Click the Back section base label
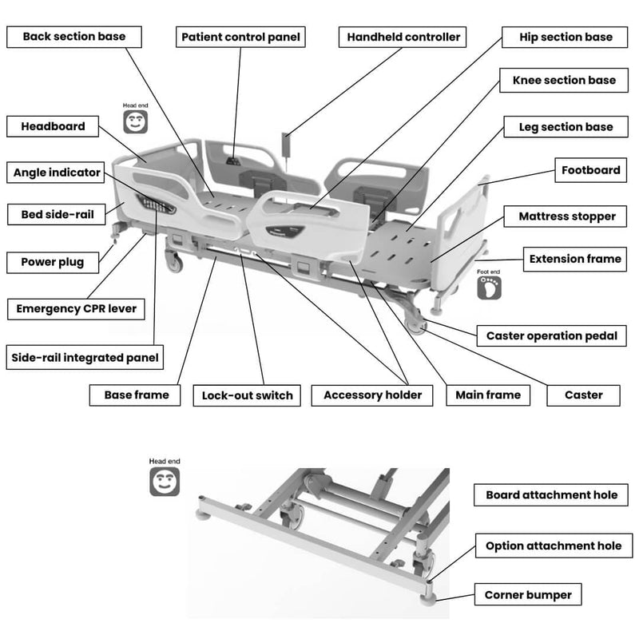click(x=74, y=37)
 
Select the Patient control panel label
click(x=240, y=37)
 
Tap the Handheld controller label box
click(x=403, y=37)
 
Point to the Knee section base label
click(x=564, y=81)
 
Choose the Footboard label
click(x=591, y=170)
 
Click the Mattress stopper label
click(x=566, y=216)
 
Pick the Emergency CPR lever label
click(x=76, y=309)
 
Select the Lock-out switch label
click(x=247, y=395)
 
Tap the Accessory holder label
click(x=372, y=395)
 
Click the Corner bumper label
click(x=528, y=594)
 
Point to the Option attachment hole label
click(x=554, y=546)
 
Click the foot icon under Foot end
click(x=489, y=288)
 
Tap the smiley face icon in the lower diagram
click(x=165, y=482)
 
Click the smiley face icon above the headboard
click(x=135, y=121)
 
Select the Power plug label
click(x=53, y=262)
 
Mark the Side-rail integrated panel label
click(x=85, y=357)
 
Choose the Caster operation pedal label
click(x=551, y=335)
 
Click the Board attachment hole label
click(x=551, y=494)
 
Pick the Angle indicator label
click(x=56, y=173)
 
